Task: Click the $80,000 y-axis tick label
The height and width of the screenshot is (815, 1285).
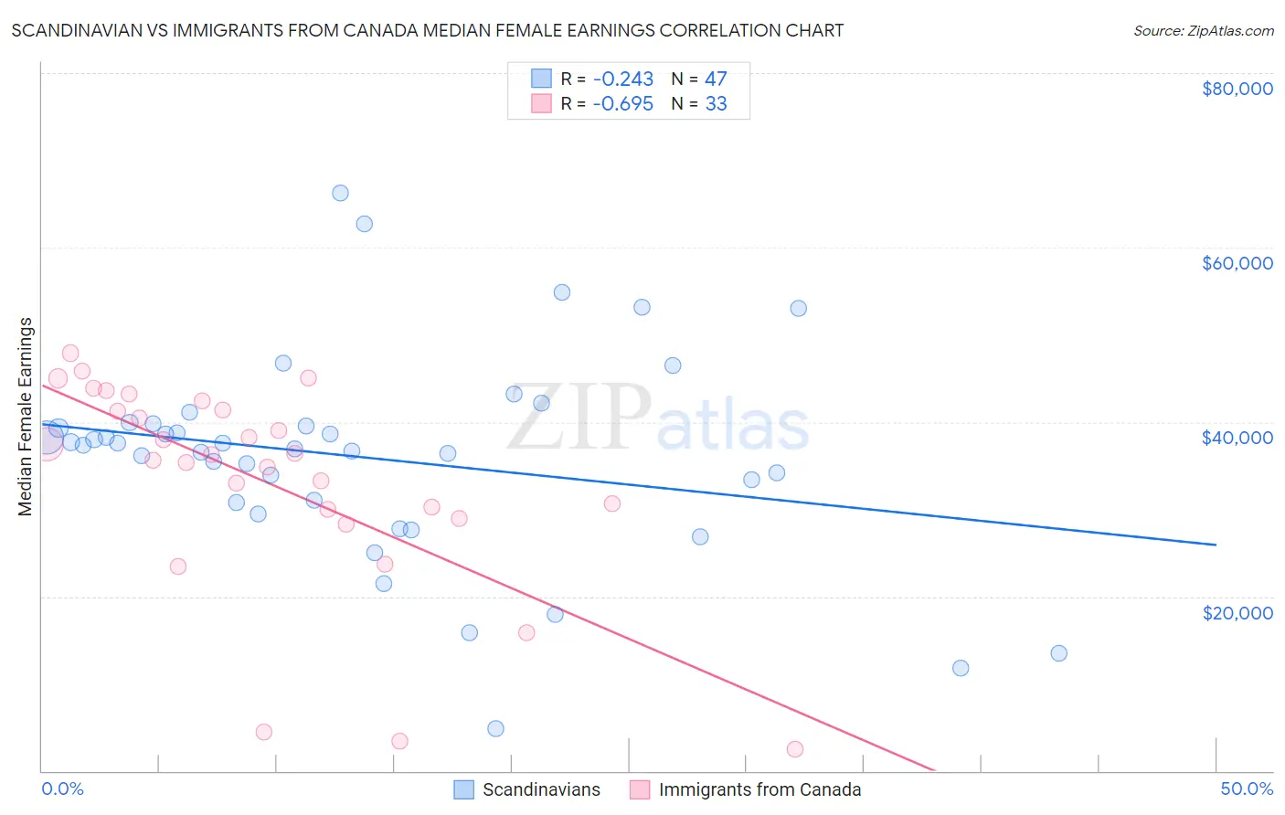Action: tap(1237, 89)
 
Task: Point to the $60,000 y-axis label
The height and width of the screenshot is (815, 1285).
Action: tap(1237, 263)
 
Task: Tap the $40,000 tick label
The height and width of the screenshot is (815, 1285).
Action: tap(1237, 438)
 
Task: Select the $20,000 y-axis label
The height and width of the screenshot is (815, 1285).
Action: tap(1237, 612)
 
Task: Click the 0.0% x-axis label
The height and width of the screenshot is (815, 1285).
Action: tap(62, 789)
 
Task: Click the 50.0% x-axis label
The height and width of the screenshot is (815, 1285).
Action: tap(1247, 789)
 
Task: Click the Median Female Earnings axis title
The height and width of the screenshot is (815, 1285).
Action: tap(26, 417)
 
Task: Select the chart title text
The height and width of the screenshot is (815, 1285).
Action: tap(428, 30)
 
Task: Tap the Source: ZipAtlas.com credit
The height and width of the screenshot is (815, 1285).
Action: tap(1203, 30)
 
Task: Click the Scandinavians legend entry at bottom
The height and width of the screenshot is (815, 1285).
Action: tap(528, 789)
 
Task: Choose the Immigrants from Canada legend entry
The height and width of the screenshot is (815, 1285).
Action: tap(746, 789)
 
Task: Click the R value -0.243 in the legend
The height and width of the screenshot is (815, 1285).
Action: tap(623, 79)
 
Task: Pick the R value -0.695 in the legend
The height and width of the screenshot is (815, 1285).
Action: tap(623, 104)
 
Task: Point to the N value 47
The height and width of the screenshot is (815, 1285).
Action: tap(716, 79)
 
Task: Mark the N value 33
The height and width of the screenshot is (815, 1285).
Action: tap(716, 104)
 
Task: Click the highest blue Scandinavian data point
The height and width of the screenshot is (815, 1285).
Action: tap(340, 193)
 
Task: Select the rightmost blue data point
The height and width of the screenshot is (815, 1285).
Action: tap(1058, 653)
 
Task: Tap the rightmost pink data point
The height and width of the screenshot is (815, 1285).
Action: tap(795, 749)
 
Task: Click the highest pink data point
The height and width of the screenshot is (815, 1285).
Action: tap(70, 354)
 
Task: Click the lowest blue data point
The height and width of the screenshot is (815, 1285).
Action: tap(495, 728)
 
